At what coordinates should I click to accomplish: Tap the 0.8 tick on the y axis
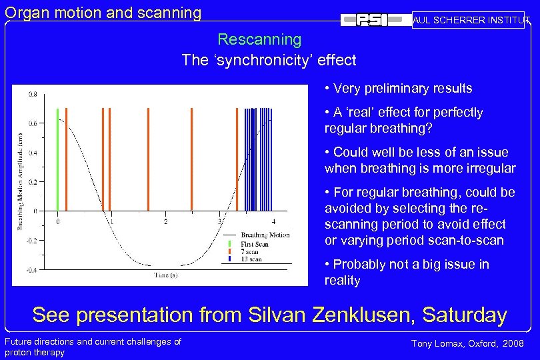coord(33,95)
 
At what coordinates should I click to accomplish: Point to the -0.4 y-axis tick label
coord(31,269)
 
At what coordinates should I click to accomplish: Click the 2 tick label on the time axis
coord(165,221)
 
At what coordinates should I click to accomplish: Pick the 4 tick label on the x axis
coord(273,221)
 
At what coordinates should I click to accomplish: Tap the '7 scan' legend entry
coord(250,251)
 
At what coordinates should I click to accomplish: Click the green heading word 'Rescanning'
coord(259,40)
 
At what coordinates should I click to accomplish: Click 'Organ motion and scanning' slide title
coord(103,12)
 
